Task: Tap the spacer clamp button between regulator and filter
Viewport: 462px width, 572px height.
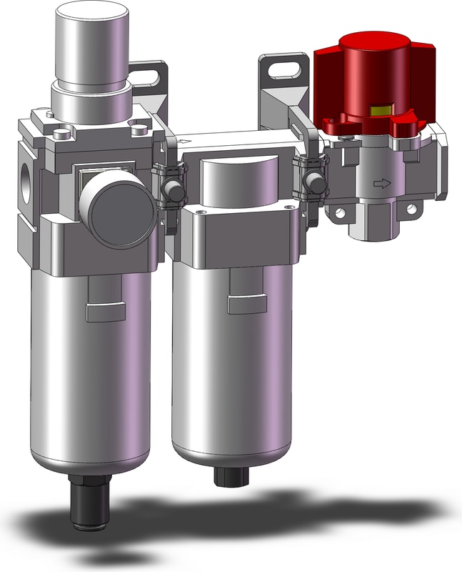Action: [171, 190]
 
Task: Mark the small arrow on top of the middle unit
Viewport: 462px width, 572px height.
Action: [187, 142]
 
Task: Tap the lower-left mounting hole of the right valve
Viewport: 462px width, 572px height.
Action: [340, 213]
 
